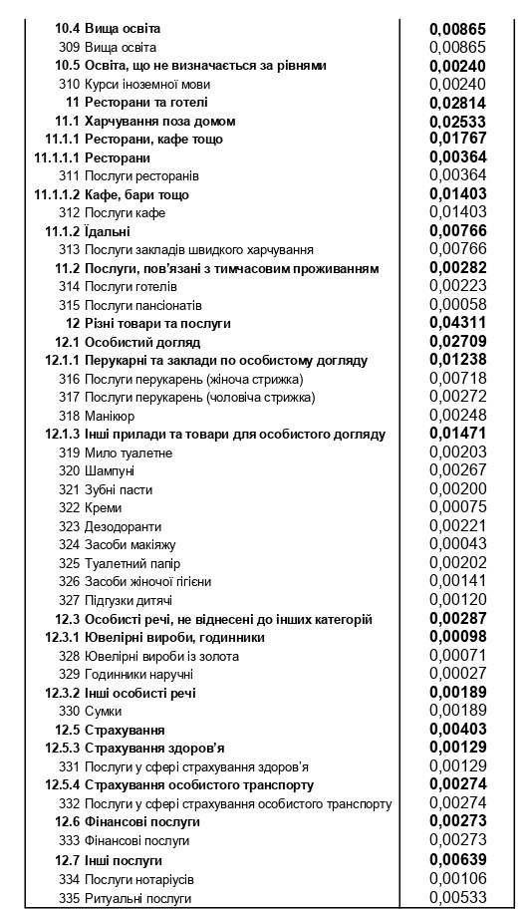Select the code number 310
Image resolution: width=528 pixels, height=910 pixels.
click(69, 84)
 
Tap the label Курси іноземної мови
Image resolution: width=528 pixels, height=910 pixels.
click(147, 84)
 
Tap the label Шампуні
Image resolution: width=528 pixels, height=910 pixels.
click(111, 470)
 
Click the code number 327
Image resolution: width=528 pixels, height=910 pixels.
click(69, 600)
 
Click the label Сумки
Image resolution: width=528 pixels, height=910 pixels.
click(104, 711)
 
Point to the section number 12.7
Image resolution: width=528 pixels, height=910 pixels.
click(66, 860)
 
